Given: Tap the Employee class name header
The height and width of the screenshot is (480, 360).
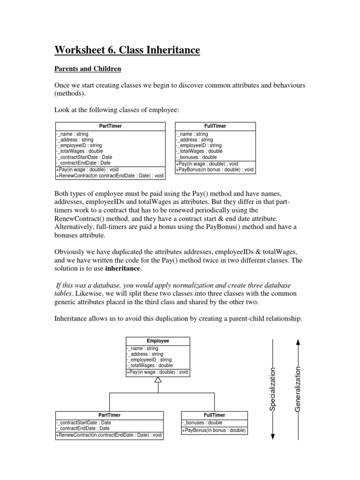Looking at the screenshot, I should (x=157, y=341).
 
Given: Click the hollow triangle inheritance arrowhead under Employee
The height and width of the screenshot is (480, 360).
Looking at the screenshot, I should (x=158, y=380).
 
